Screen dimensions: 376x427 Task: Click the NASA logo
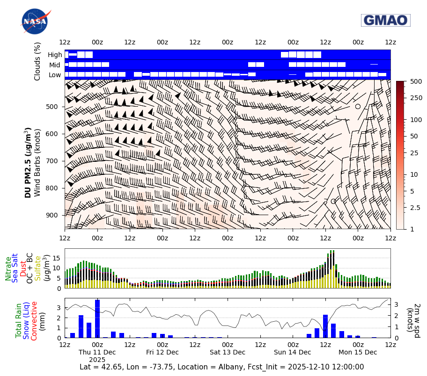pyautogui.click(x=34, y=21)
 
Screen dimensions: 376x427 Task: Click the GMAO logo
pyautogui.click(x=385, y=20)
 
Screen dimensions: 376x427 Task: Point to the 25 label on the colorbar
pyautogui.click(x=414, y=153)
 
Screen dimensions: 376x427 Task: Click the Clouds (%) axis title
pyautogui.click(x=37, y=61)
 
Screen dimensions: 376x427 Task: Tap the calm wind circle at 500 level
pyautogui.click(x=358, y=106)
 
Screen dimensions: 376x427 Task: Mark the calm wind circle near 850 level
pyautogui.click(x=333, y=201)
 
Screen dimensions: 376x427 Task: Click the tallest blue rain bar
pyautogui.click(x=97, y=318)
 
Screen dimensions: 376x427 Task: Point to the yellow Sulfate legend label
pyautogui.click(x=37, y=268)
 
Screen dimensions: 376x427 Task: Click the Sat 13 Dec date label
pyautogui.click(x=227, y=352)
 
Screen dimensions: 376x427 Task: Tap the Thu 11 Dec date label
pyautogui.click(x=97, y=352)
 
